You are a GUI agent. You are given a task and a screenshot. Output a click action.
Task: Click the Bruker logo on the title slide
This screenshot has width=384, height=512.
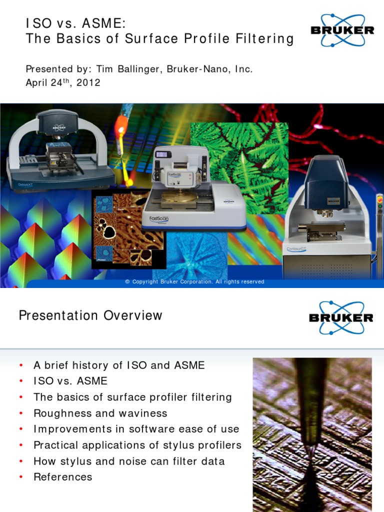[x=342, y=29]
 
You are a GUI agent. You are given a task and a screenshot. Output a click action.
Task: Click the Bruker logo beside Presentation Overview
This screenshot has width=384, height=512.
[x=341, y=317]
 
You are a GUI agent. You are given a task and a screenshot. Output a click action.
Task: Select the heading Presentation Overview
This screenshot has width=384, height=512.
[x=90, y=315]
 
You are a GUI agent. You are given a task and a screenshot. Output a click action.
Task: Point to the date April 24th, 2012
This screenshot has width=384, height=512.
[x=63, y=83]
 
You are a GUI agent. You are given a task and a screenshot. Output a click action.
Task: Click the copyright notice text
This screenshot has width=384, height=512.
[x=194, y=282]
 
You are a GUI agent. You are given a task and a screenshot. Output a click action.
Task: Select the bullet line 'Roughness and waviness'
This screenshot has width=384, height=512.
[x=100, y=413]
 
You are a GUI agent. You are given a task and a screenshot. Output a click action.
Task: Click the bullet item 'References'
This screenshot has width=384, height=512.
[x=62, y=477]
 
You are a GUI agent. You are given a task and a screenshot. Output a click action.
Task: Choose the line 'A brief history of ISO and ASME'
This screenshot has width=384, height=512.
[x=119, y=365]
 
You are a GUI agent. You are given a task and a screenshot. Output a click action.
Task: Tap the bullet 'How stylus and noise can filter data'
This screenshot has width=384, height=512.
[x=129, y=461]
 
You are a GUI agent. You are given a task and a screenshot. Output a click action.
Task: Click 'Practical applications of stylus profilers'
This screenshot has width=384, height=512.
[x=137, y=445]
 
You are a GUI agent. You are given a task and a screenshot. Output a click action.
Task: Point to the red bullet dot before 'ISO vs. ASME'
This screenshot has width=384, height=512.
[x=21, y=381]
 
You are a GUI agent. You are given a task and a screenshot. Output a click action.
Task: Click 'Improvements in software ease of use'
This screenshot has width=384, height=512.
[x=136, y=429]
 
